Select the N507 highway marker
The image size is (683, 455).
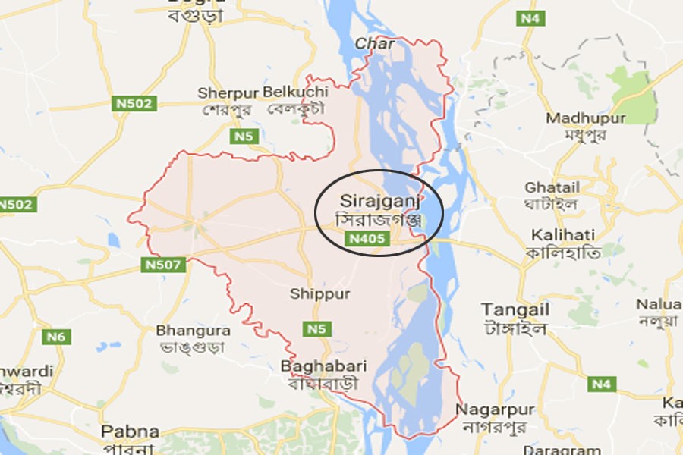point(159,265)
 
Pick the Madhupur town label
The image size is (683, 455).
point(586,118)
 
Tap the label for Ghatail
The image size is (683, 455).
point(552,187)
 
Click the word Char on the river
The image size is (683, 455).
point(375,44)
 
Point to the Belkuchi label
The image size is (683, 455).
point(296,92)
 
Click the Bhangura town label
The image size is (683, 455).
point(193,331)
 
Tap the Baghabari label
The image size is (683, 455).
point(323,366)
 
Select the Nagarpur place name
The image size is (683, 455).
point(495,409)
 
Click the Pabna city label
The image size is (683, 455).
point(131,432)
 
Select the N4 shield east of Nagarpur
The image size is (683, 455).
point(601,384)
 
